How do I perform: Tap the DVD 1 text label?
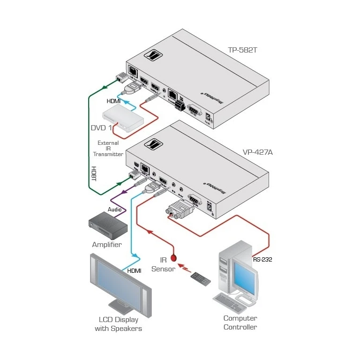(x=101, y=127)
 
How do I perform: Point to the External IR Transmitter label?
(x=108, y=148)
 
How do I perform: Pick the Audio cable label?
(x=116, y=209)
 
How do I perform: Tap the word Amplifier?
(x=107, y=245)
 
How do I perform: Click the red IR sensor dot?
(x=174, y=257)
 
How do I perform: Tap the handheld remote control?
(x=200, y=277)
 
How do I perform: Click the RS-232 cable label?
(x=262, y=258)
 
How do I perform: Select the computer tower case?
(x=226, y=267)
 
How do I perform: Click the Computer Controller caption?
(x=240, y=322)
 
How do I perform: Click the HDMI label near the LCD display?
(x=135, y=270)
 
